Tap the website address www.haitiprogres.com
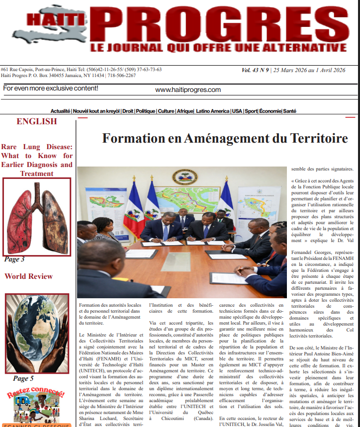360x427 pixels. (x=188, y=90)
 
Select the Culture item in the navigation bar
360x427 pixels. (x=166, y=111)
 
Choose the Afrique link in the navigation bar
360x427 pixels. (x=185, y=111)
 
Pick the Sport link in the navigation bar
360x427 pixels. (x=251, y=111)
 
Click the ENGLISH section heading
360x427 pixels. (x=37, y=122)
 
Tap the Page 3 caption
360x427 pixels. (x=14, y=259)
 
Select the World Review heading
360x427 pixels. (x=28, y=276)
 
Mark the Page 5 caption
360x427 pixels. (x=23, y=379)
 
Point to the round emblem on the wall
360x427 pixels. (x=184, y=176)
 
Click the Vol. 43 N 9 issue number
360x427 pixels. (x=255, y=70)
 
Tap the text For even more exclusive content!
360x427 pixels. (x=51, y=88)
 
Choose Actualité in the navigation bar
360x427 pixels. (x=60, y=111)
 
